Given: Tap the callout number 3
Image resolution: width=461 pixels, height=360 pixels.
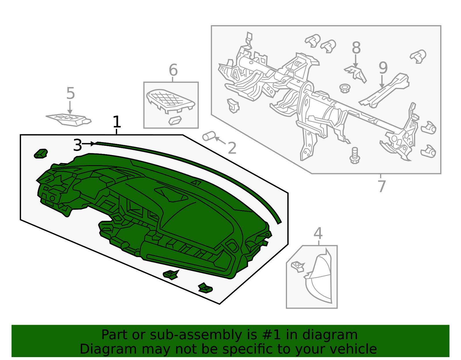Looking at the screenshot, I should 78,145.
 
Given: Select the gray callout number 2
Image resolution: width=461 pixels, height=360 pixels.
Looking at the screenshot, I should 232,148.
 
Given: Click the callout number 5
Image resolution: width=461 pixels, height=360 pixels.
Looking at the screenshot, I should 71,93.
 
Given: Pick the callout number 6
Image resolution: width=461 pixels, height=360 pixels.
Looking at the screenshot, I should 173,70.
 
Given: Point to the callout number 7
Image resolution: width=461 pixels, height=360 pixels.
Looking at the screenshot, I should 381,186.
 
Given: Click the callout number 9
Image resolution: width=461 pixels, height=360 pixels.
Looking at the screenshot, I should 383,68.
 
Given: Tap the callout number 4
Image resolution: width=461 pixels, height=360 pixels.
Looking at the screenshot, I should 318,233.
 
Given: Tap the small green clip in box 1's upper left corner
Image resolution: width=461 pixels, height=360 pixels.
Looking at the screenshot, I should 41,154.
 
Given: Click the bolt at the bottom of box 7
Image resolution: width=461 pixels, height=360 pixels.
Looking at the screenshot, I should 355,156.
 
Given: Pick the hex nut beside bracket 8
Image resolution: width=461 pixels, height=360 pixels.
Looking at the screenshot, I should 345,88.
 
